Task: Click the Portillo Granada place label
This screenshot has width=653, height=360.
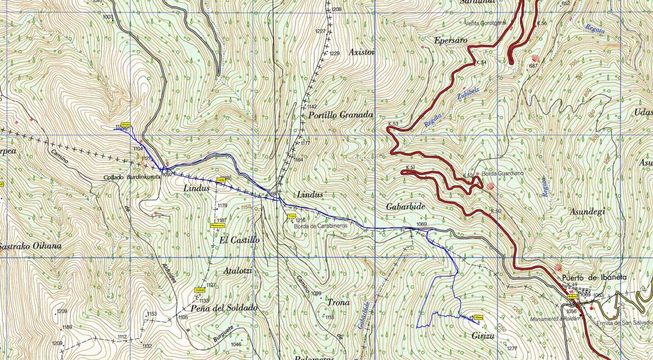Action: tap(340, 115)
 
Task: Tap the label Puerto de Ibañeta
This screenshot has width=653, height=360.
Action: tap(594, 277)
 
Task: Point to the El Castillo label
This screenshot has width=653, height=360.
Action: tap(239, 240)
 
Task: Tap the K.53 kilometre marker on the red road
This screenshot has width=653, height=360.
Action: tap(393, 125)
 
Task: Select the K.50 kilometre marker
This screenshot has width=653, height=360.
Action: tap(495, 211)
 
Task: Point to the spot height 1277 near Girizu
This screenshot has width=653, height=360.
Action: tap(511, 348)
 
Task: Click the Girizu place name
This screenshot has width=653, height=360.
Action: tap(483, 336)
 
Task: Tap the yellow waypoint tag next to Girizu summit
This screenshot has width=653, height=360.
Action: tap(479, 318)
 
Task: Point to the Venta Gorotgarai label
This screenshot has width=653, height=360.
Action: tap(486, 23)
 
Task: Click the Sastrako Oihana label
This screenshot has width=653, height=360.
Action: tap(30, 246)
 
